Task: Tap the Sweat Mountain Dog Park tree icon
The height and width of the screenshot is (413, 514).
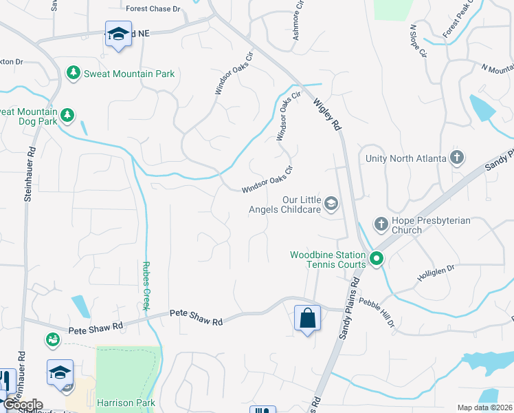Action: pyautogui.click(x=67, y=115)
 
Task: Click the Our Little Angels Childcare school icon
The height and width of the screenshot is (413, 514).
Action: pyautogui.click(x=332, y=202)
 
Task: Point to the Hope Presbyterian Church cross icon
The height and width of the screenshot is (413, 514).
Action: pyautogui.click(x=381, y=223)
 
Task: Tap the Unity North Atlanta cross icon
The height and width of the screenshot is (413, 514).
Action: pyautogui.click(x=457, y=158)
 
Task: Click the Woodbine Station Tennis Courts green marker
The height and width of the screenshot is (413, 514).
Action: pyautogui.click(x=376, y=260)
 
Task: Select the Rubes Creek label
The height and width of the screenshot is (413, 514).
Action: pyautogui.click(x=146, y=285)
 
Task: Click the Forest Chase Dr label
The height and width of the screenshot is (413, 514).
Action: pyautogui.click(x=153, y=9)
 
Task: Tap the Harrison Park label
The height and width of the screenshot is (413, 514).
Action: pyautogui.click(x=126, y=403)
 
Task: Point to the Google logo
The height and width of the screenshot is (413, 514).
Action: pyautogui.click(x=23, y=405)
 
